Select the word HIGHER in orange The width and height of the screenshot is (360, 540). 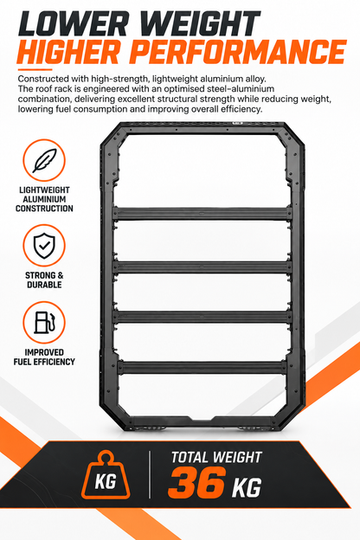click(69, 52)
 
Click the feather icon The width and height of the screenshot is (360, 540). click(44, 160)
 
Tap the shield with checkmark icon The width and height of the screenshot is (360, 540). click(44, 246)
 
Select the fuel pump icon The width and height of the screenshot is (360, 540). click(44, 322)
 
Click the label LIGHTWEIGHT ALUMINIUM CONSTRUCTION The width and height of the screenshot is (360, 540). click(44, 199)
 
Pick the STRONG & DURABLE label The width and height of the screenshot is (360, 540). click(44, 280)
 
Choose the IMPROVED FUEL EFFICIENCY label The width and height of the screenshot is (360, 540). click(44, 357)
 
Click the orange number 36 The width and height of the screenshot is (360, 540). click(196, 482)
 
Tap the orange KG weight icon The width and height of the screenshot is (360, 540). click(106, 474)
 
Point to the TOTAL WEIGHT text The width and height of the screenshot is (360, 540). click(216, 457)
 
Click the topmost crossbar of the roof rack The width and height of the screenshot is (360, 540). click(202, 214)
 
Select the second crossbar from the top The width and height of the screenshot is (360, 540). click(202, 267)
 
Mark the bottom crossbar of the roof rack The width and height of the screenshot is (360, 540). click(202, 367)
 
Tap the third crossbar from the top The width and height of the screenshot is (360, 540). click(202, 317)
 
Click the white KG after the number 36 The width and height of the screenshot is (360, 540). click(247, 487)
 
